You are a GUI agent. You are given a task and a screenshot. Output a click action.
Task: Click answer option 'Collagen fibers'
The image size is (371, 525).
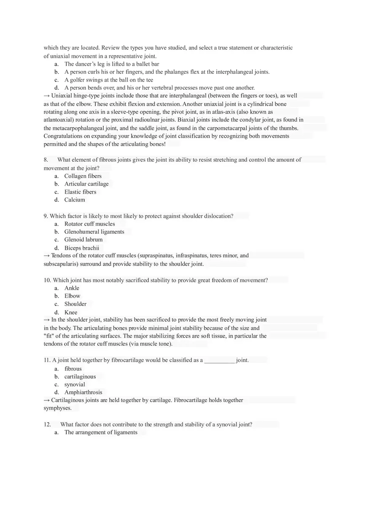coord(83,176)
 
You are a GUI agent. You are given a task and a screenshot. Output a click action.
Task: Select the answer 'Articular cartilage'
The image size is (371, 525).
coord(86,184)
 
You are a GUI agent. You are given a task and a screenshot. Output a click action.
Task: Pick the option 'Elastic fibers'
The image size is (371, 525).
coord(80,192)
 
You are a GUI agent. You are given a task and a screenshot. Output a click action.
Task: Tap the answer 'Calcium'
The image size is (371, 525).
coord(75,200)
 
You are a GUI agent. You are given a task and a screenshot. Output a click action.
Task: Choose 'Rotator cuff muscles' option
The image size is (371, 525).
coord(89,224)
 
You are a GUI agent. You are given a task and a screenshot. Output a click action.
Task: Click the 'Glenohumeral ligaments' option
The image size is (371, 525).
coord(94,232)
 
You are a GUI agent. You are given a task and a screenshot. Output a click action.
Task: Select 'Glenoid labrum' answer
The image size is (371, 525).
coord(83,240)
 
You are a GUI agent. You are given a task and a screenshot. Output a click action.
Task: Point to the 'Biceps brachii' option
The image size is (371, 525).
coord(81,248)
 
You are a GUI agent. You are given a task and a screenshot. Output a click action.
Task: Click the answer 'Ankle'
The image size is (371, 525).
coord(72,288)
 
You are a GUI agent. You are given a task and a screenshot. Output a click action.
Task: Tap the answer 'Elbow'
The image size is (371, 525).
coord(72,296)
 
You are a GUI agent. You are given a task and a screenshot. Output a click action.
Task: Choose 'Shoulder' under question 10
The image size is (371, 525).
coord(75,304)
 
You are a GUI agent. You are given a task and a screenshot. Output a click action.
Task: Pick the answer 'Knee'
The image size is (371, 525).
coord(71,312)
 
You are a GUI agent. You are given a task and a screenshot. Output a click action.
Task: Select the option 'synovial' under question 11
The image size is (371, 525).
coord(75,384)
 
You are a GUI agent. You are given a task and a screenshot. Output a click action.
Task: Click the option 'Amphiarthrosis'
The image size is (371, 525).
coord(83,392)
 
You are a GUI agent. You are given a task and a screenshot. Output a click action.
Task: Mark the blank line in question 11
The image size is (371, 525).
coord(219,361)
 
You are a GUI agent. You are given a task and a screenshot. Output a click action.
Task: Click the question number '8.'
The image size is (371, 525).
coord(46,160)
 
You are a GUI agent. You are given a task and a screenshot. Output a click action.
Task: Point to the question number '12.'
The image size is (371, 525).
coord(47,424)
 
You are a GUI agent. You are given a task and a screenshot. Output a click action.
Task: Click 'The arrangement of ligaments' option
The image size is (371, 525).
coord(101,432)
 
